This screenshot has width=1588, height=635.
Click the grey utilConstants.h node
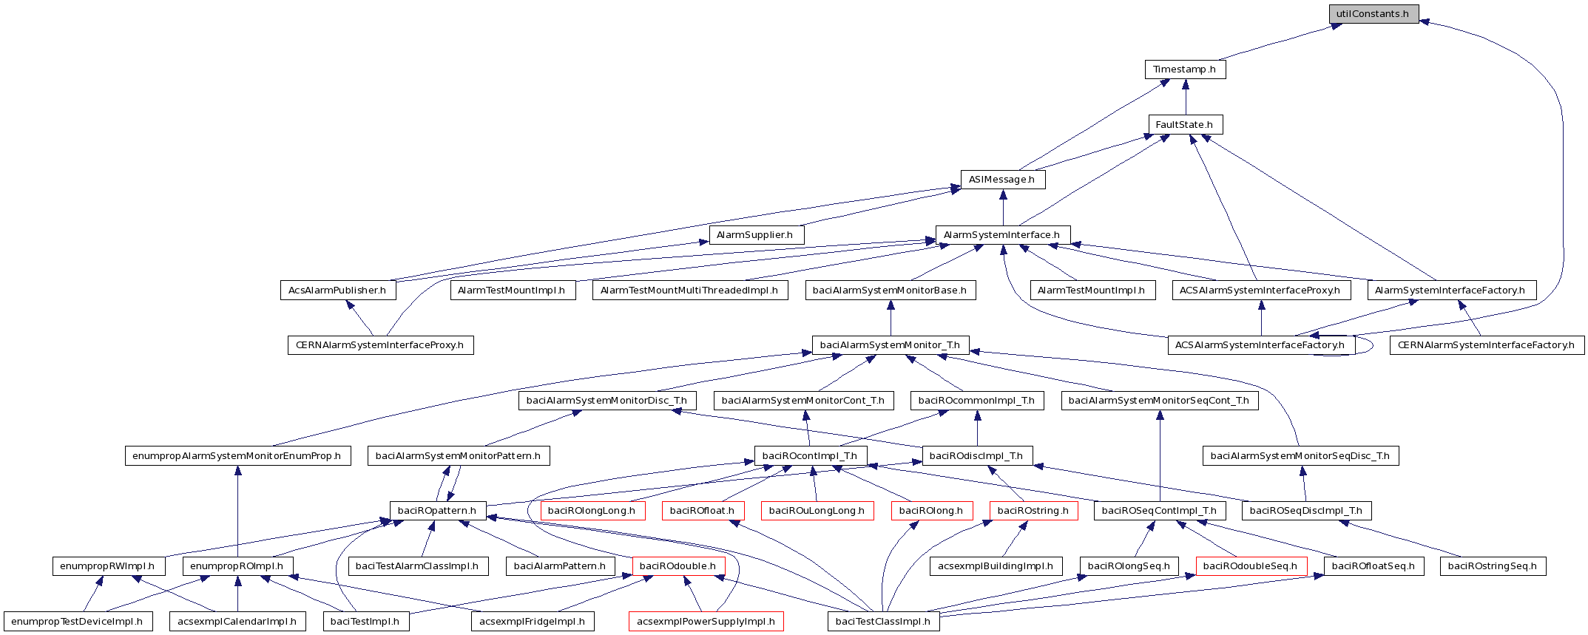[x=1373, y=14]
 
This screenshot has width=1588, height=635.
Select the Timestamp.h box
[x=1185, y=69]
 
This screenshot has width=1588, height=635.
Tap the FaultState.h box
[x=1185, y=125]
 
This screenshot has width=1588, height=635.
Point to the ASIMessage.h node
[x=1002, y=180]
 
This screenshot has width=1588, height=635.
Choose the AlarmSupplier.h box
[x=756, y=235]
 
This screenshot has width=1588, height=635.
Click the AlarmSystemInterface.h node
[x=1002, y=235]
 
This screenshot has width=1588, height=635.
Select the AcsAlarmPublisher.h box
[x=338, y=291]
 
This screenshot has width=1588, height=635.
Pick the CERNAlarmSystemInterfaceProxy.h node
[x=380, y=345]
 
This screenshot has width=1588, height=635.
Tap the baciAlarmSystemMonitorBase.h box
[x=890, y=291]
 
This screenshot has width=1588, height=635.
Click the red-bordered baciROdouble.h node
[x=678, y=566]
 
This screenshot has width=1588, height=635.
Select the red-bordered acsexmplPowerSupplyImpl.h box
[x=706, y=622]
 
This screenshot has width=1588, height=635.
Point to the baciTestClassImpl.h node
[x=883, y=622]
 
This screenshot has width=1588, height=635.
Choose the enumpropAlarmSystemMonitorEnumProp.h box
[x=237, y=456]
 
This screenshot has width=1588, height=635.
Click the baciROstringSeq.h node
[x=1493, y=566]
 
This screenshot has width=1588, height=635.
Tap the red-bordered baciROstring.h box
[x=1033, y=511]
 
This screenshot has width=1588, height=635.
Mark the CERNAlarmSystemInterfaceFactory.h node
[x=1487, y=345]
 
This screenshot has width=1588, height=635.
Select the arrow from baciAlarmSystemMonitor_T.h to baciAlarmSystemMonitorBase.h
[x=891, y=318]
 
